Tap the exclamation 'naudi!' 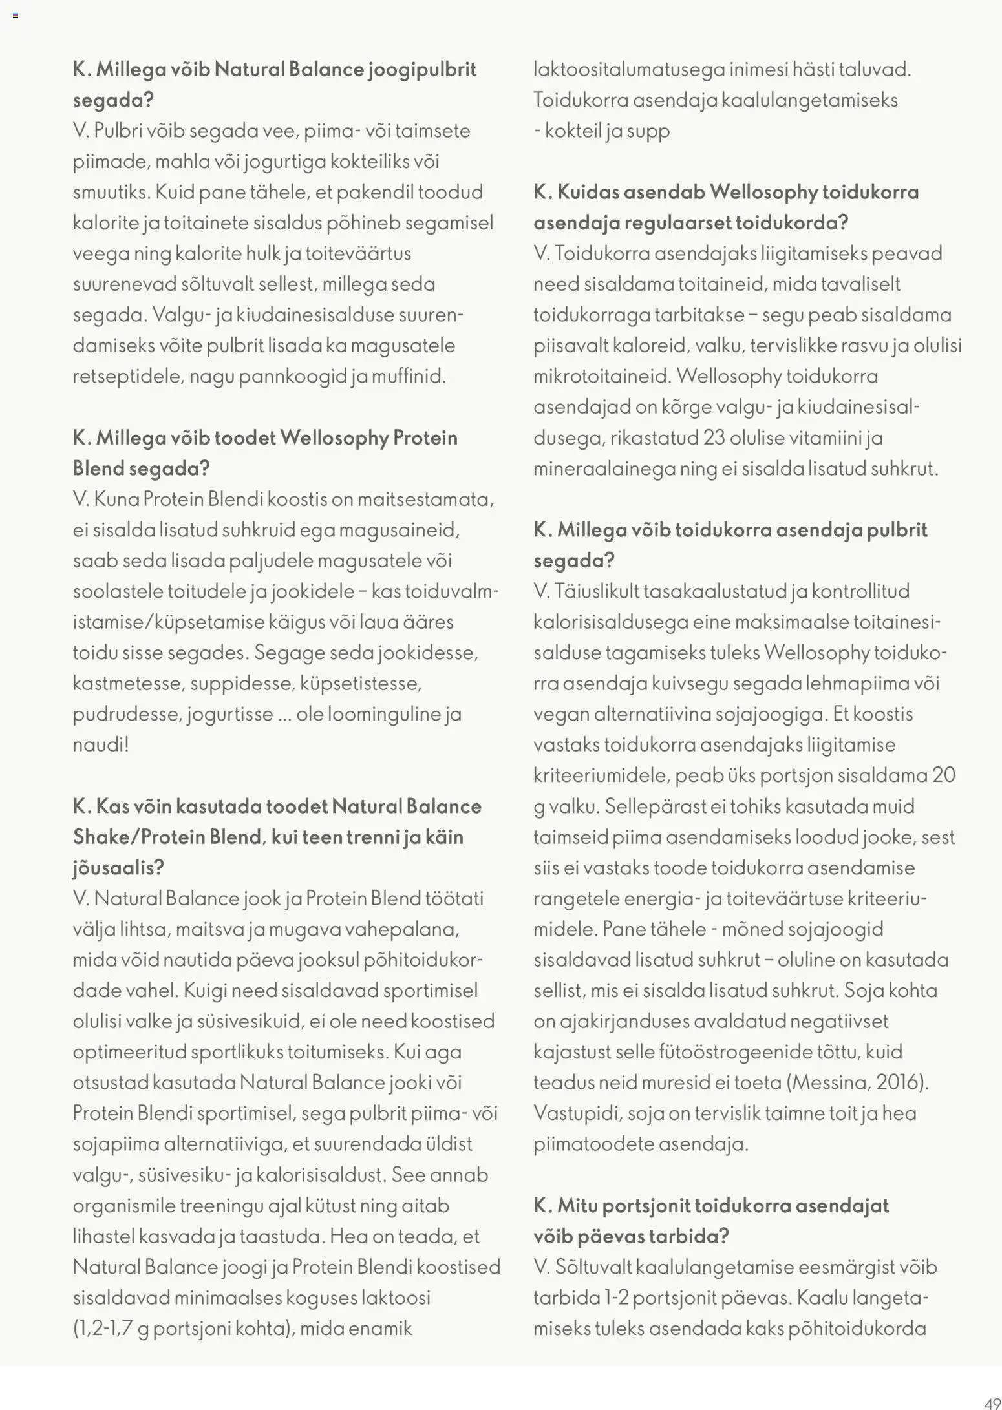(101, 744)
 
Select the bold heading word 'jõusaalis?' (118, 868)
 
